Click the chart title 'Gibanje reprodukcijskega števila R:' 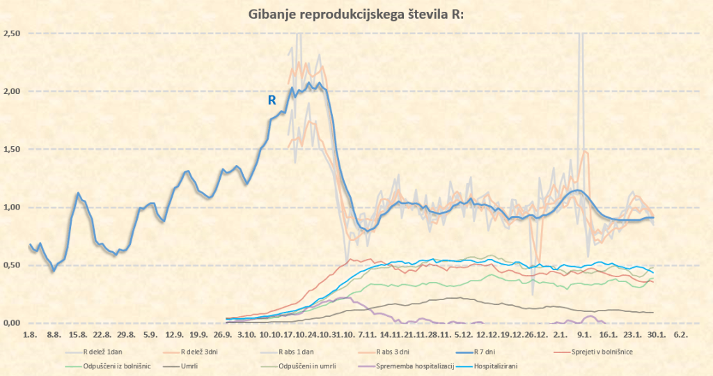point(352,15)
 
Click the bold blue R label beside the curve point(272,100)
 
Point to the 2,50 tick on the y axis point(12,33)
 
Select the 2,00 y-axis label point(12,91)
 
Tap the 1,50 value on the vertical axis point(12,149)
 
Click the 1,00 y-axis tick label point(12,207)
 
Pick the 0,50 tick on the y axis point(12,265)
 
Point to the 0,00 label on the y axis point(12,323)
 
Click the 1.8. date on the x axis point(29,335)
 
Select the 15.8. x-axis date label point(78,335)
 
